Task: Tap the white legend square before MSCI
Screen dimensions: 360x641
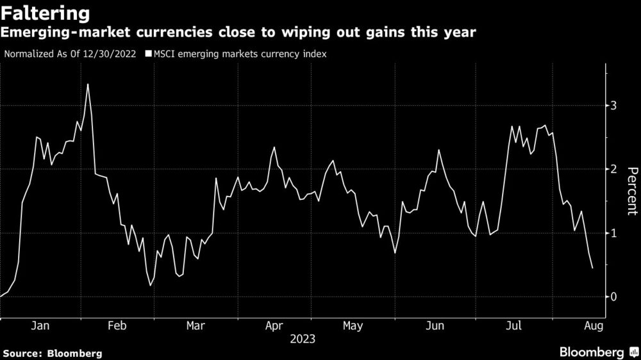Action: tap(147, 54)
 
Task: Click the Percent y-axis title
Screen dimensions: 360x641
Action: tap(631, 190)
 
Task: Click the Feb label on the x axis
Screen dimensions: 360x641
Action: tap(117, 326)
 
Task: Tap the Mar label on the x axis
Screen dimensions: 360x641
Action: tap(195, 326)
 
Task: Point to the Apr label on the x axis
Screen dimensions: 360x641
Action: tap(274, 326)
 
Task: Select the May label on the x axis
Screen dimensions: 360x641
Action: tap(353, 326)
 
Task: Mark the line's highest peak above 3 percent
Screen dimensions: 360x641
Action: tap(88, 85)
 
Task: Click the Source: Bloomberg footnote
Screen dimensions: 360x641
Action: tap(53, 353)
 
